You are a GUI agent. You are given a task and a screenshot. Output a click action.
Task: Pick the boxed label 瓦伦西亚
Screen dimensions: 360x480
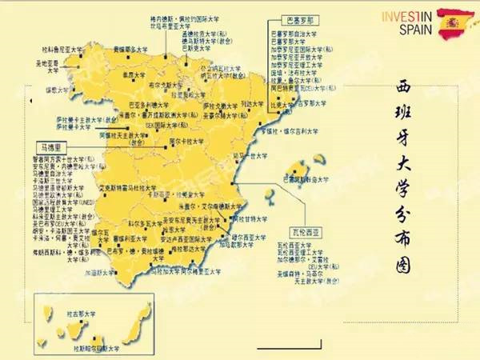(x=305, y=230)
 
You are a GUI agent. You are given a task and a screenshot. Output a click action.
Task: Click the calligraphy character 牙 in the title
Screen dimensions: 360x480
(x=401, y=150)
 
